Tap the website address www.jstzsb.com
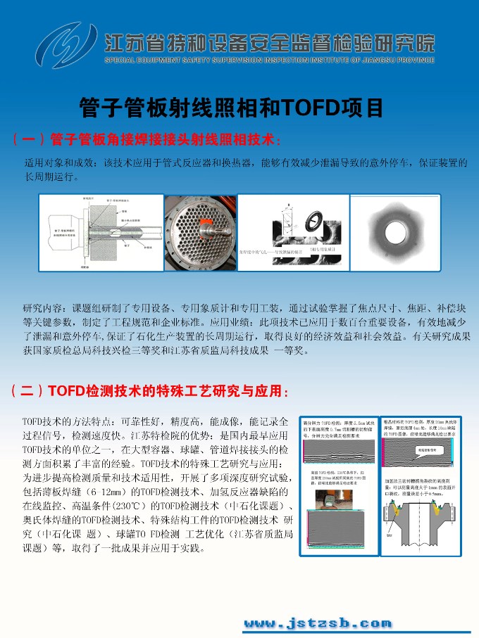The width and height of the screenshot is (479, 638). tap(317, 623)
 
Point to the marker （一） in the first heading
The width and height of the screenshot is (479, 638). tap(28, 139)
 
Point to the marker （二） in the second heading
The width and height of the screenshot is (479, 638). tap(28, 390)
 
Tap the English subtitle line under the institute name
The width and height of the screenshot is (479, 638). tap(269, 60)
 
